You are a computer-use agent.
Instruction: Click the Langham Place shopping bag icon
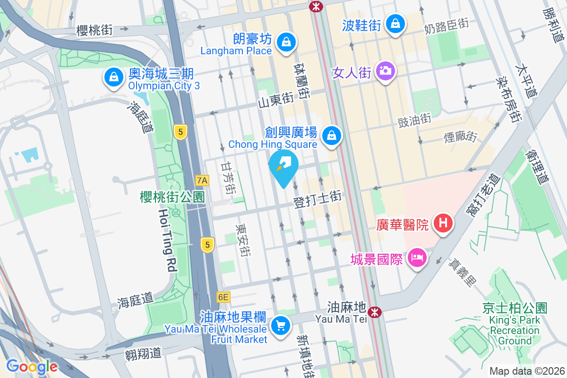[x=286, y=42]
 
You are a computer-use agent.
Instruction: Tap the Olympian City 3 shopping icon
[x=113, y=77]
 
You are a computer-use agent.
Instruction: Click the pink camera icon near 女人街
[x=386, y=71]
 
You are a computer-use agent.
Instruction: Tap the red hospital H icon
[x=443, y=223]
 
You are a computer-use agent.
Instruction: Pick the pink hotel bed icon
[x=417, y=258]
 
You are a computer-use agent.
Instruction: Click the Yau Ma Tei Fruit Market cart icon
[x=281, y=326]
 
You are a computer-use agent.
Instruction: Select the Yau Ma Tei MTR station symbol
[x=375, y=312]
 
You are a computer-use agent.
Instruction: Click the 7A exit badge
[x=202, y=180]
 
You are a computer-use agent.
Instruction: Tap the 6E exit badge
[x=223, y=297]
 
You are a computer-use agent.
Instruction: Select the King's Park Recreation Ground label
[x=515, y=325]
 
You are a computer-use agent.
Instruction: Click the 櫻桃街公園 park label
[x=172, y=197]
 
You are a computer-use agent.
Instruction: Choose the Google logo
[x=32, y=367]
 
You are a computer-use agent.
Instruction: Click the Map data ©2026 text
[x=527, y=371]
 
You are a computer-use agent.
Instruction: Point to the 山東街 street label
[x=276, y=101]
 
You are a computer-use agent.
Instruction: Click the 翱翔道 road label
[x=144, y=353]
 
